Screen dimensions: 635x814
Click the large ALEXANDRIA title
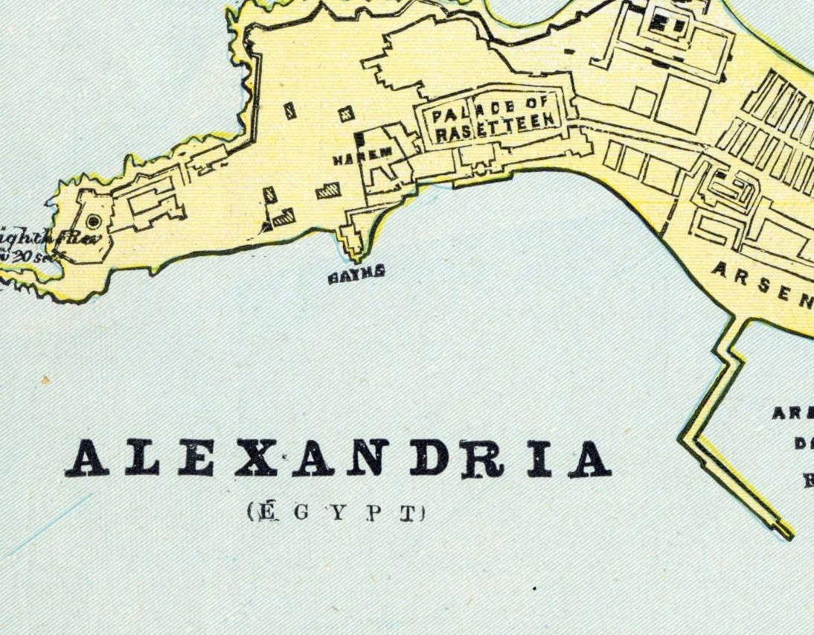[339, 459]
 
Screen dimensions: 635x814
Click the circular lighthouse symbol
[94, 221]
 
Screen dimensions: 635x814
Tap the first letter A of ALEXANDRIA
[88, 459]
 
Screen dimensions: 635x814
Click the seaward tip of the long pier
[785, 532]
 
